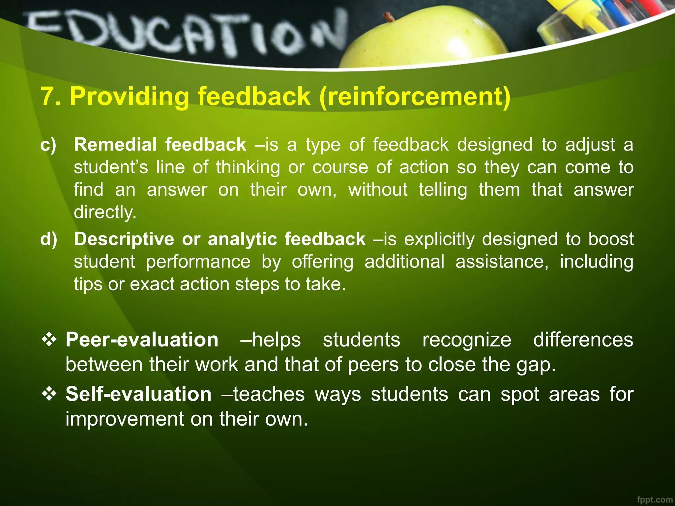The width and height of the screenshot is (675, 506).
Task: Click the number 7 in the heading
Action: pyautogui.click(x=48, y=97)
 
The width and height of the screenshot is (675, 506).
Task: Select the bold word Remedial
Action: pyautogui.click(x=115, y=145)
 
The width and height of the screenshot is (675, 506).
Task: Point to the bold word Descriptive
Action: pyautogui.click(x=124, y=239)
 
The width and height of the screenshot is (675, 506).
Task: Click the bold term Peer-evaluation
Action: pyautogui.click(x=142, y=340)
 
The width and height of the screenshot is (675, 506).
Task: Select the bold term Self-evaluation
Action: pyautogui.click(x=138, y=394)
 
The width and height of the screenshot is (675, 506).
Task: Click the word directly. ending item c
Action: pyautogui.click(x=105, y=212)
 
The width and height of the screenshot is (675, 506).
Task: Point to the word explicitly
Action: pyautogui.click(x=439, y=239)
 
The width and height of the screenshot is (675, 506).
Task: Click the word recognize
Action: pyautogui.click(x=467, y=340)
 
